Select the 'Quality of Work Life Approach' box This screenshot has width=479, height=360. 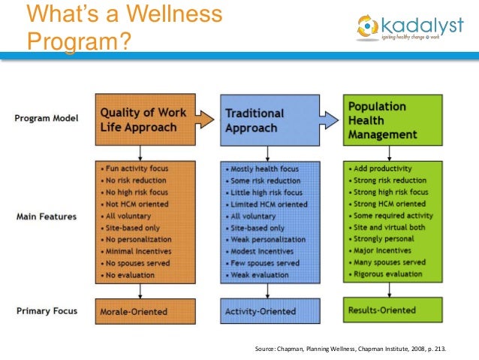click(145, 119)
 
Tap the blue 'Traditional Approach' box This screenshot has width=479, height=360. click(270, 119)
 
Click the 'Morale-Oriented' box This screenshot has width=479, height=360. click(145, 310)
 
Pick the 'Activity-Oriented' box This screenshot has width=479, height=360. click(270, 310)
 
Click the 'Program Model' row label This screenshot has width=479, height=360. click(47, 119)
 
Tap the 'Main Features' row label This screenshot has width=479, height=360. click(46, 216)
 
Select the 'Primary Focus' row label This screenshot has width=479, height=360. click(47, 310)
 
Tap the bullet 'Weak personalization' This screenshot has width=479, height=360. click(267, 239)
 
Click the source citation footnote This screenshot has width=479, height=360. click(355, 349)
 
